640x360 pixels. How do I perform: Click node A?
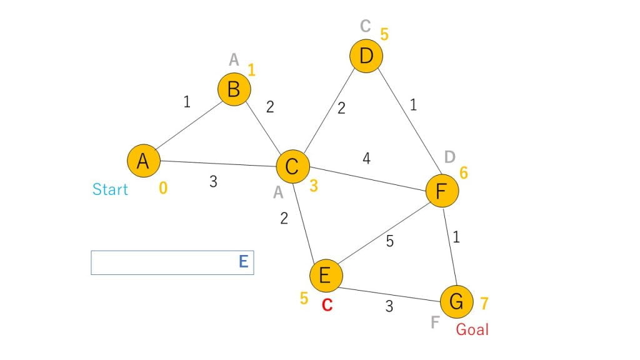click(x=144, y=161)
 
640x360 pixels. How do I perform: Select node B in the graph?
click(x=234, y=89)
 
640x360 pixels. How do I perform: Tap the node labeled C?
click(x=293, y=167)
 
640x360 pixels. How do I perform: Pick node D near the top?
click(x=366, y=56)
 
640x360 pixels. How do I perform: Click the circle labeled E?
click(x=326, y=276)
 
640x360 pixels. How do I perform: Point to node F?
click(x=442, y=191)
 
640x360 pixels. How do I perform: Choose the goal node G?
click(x=457, y=302)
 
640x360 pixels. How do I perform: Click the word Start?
click(x=110, y=189)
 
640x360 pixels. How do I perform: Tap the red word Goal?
click(x=472, y=329)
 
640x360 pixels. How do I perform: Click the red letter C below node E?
click(x=327, y=305)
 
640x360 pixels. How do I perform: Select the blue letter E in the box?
click(x=244, y=262)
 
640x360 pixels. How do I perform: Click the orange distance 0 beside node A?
click(x=163, y=187)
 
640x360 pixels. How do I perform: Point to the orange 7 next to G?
click(x=484, y=303)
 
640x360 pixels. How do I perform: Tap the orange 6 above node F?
click(x=464, y=173)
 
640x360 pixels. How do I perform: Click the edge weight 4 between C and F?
click(x=366, y=158)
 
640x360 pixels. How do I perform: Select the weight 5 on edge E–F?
click(x=390, y=241)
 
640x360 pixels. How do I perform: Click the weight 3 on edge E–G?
click(x=389, y=306)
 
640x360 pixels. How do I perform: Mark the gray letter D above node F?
click(x=450, y=157)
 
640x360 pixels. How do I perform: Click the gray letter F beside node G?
click(x=435, y=322)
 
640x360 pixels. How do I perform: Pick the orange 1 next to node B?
click(x=251, y=70)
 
